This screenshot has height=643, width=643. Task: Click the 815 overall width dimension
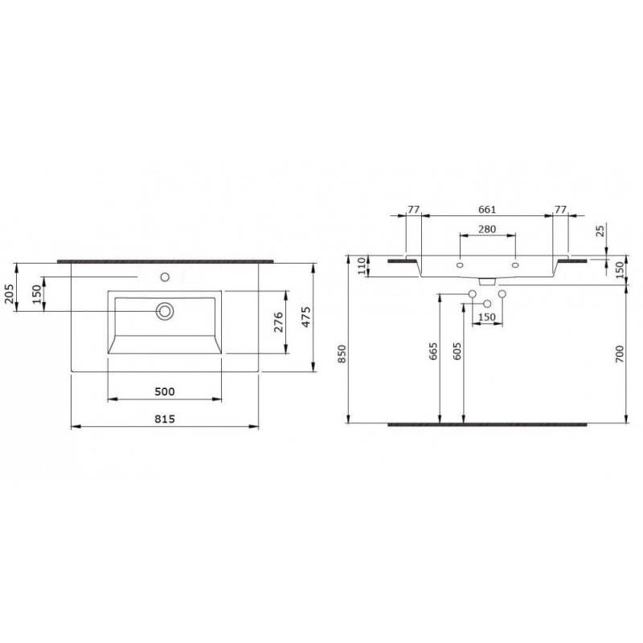coord(165,419)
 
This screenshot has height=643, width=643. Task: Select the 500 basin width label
coord(165,391)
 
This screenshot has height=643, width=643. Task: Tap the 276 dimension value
coord(278,322)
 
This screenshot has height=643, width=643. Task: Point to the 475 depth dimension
coord(306,317)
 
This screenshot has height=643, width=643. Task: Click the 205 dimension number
coord(9,293)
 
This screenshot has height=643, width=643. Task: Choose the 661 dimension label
coord(487,210)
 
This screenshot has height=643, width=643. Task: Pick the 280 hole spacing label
coord(487,229)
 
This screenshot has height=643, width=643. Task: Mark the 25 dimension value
coord(600,231)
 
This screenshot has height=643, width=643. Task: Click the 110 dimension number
coord(361,266)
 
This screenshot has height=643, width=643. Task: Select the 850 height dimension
coord(342,354)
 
